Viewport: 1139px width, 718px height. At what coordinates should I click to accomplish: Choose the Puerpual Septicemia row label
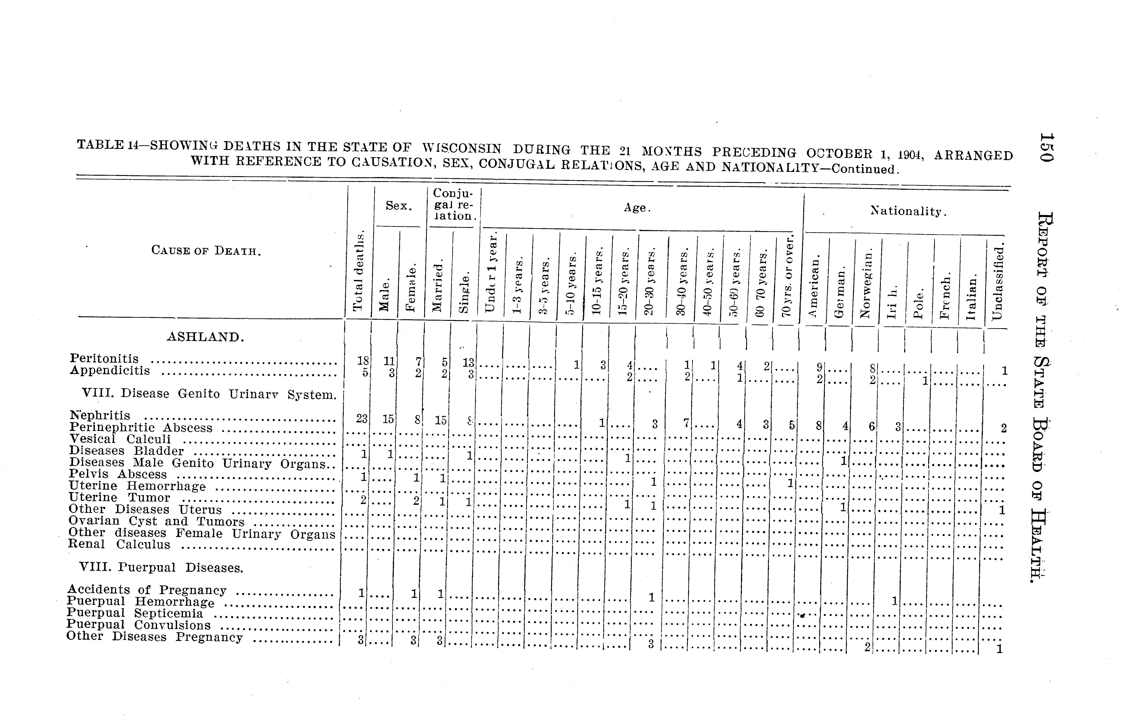click(x=135, y=614)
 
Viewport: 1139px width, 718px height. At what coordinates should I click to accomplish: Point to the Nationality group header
click(x=908, y=211)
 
